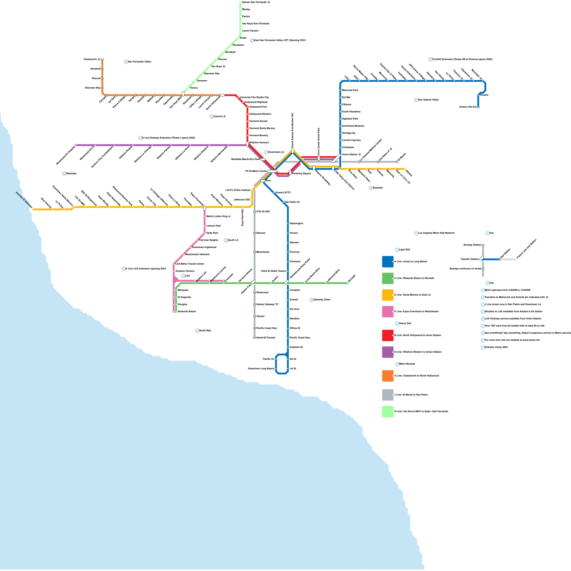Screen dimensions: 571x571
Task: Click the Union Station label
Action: (x=350, y=155)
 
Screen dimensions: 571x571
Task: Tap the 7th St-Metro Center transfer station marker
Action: (x=272, y=171)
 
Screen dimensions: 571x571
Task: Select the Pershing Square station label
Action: (x=302, y=173)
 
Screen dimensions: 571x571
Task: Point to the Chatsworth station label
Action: (x=90, y=59)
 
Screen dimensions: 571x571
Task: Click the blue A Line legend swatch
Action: (x=388, y=262)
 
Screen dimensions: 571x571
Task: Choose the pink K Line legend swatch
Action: (x=388, y=312)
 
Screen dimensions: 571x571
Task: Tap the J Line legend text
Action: (x=411, y=395)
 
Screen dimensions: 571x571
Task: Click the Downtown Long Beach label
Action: (x=261, y=369)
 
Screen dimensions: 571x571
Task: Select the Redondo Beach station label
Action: (x=187, y=312)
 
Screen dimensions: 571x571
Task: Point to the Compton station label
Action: (x=295, y=290)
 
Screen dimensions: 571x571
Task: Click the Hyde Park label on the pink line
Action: (x=212, y=233)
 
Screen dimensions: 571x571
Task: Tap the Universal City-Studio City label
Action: (x=254, y=97)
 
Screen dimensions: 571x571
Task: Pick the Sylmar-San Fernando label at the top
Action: (x=254, y=2)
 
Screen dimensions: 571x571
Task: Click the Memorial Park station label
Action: (x=350, y=90)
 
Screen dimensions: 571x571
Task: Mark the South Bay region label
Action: (x=205, y=331)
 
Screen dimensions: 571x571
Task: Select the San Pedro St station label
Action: (x=292, y=202)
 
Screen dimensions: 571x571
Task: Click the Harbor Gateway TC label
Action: (x=267, y=304)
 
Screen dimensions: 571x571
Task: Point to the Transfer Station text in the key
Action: (x=470, y=259)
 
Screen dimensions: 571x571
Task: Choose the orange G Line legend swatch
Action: (x=388, y=376)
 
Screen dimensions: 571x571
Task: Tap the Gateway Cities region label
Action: (x=322, y=300)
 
